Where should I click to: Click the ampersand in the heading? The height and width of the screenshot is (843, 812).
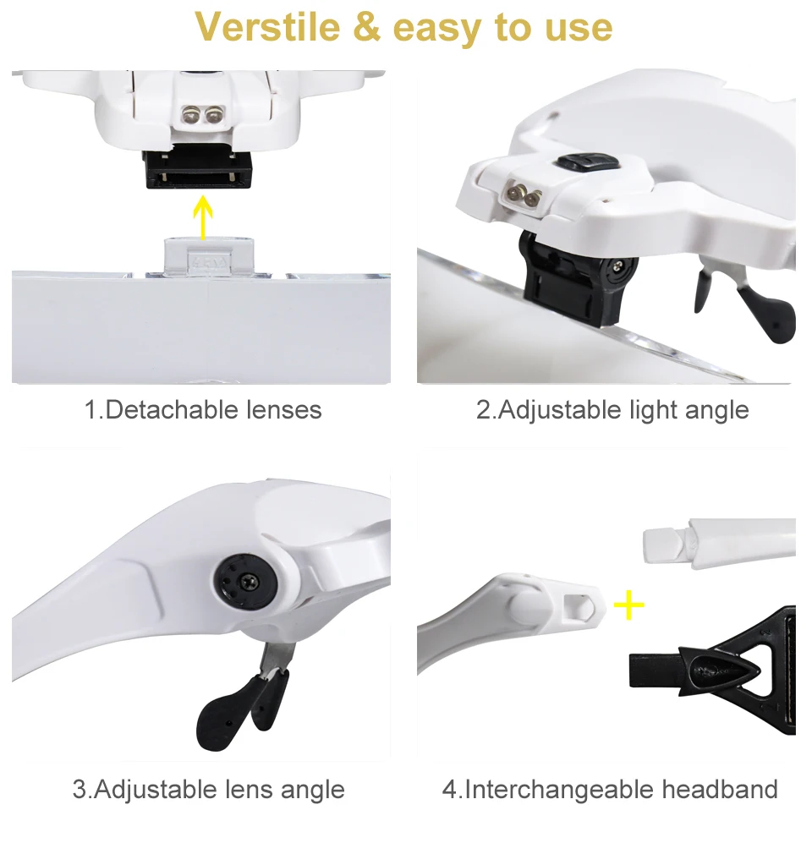click(366, 28)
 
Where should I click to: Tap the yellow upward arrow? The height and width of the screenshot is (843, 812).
click(200, 216)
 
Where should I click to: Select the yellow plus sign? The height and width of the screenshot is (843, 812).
click(628, 604)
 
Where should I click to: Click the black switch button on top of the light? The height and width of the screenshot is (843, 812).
click(580, 161)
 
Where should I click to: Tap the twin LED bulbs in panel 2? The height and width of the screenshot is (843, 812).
click(523, 194)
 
